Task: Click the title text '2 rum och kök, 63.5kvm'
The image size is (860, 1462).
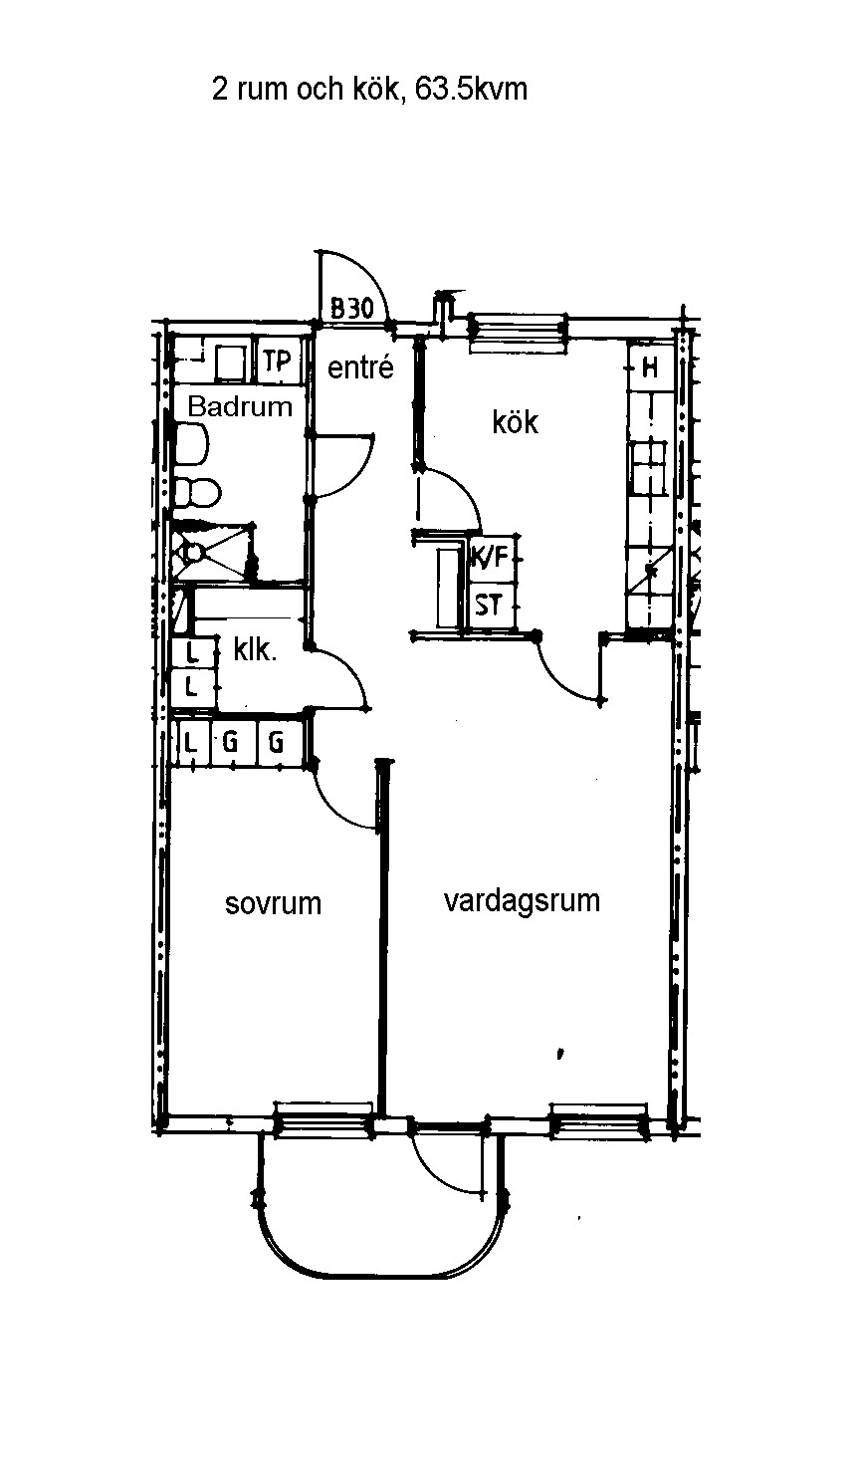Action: point(369,89)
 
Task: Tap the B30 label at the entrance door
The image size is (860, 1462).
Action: point(352,308)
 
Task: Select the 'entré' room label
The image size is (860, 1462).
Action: point(360,367)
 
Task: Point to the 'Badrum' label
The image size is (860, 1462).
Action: point(240,406)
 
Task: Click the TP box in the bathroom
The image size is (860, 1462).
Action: point(278,360)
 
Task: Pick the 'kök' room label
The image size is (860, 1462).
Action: point(515,421)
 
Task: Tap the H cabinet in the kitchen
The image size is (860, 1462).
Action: point(650,368)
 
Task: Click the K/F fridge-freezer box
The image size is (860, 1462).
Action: point(490,557)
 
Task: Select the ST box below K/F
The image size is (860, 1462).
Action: point(489,606)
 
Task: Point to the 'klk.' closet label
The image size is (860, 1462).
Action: point(255,650)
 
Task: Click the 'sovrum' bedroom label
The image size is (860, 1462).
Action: point(273,904)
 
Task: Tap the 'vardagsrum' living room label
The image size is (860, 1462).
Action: point(522,901)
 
